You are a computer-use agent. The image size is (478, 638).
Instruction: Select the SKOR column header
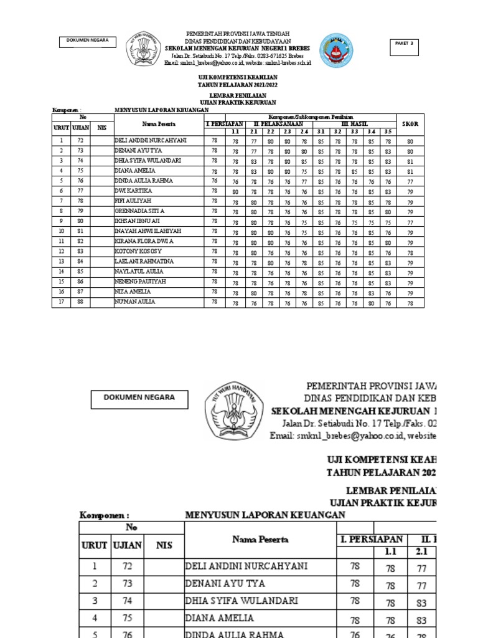click(410, 124)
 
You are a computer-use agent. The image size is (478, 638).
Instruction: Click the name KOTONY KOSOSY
click(138, 251)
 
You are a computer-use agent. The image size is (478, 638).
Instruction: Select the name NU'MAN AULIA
click(134, 302)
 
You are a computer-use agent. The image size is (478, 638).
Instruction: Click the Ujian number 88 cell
click(80, 302)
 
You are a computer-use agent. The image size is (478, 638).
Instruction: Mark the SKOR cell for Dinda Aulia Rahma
click(410, 181)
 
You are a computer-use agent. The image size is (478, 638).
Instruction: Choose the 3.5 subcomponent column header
click(387, 131)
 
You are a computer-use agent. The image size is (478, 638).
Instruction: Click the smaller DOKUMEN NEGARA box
click(88, 41)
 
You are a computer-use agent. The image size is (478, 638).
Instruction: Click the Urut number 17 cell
click(62, 302)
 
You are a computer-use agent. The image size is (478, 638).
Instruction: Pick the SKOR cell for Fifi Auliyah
click(410, 201)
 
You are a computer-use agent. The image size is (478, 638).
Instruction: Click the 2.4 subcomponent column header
click(304, 131)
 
